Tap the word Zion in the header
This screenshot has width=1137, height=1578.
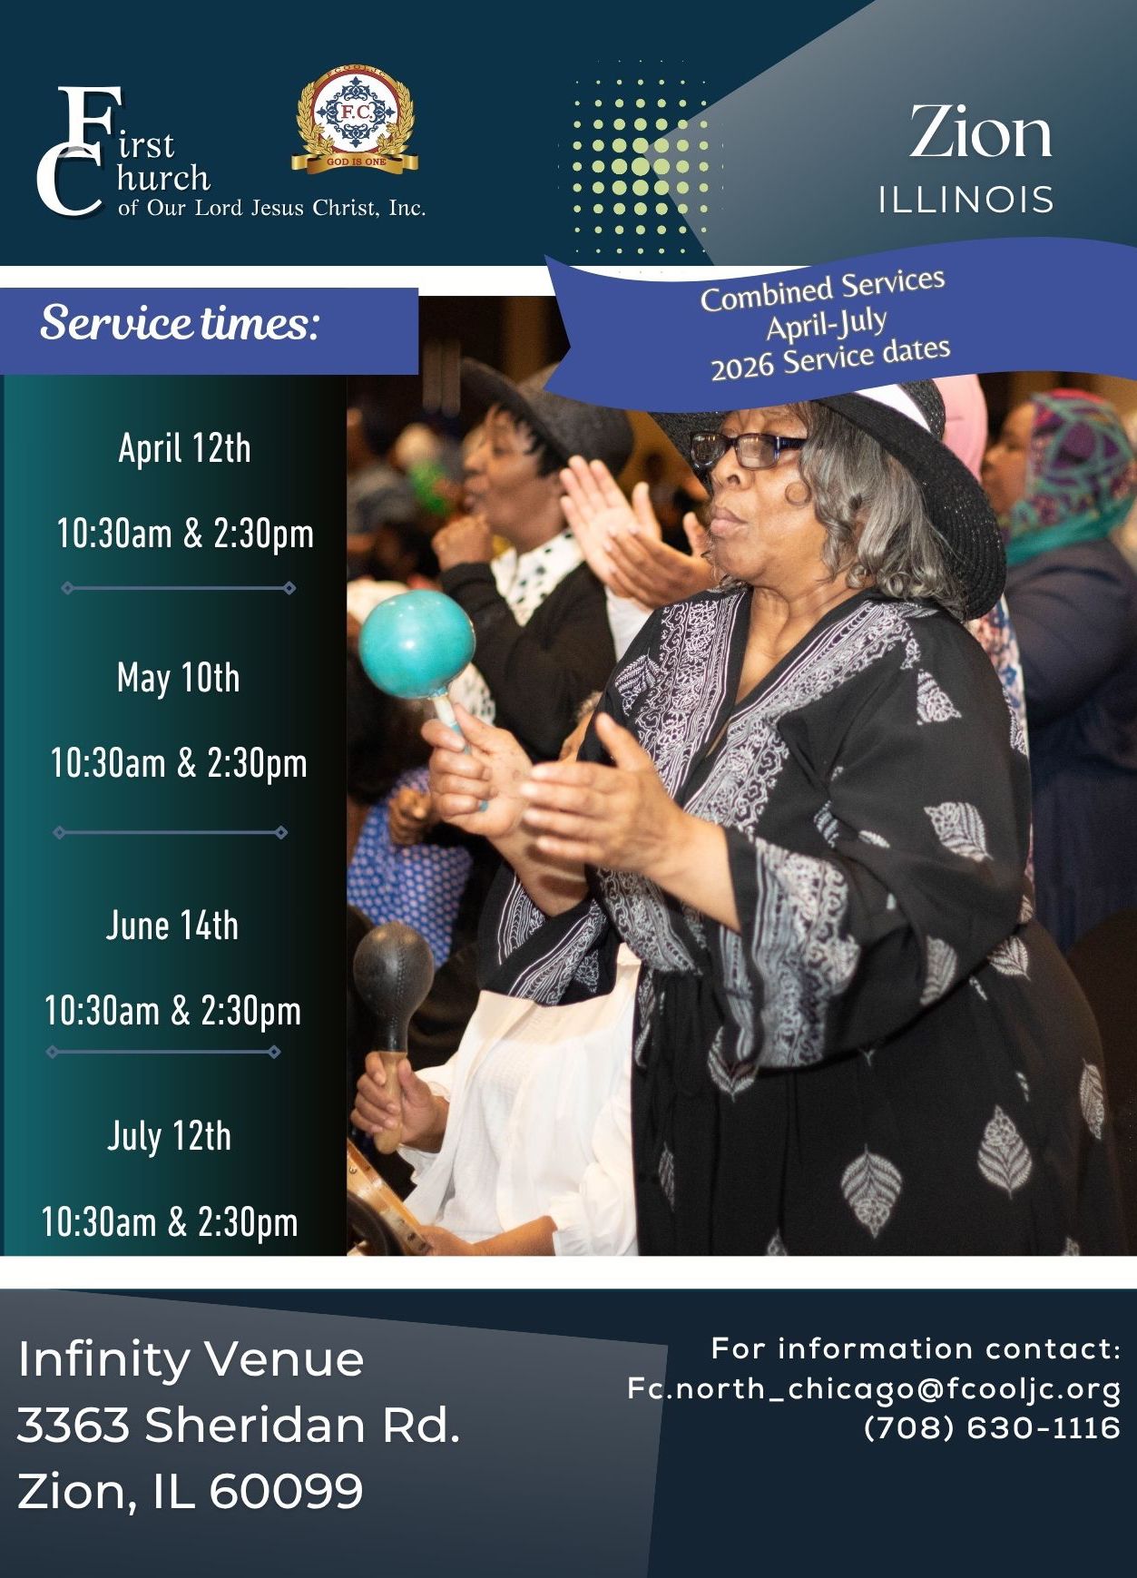pos(981,132)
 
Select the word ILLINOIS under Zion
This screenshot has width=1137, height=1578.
pos(965,200)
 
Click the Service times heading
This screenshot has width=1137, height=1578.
pos(180,323)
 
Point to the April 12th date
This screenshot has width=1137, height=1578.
pos(184,448)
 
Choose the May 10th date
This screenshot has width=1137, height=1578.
pos(179,678)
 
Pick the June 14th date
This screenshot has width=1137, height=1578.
pos(172,926)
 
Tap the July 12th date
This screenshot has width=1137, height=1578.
pos(170,1136)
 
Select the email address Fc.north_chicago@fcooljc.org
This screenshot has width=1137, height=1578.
pos(875,1389)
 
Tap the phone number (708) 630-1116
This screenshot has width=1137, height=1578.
pos(993,1427)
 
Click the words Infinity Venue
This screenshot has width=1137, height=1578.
pos(191,1359)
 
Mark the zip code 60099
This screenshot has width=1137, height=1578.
pos(287,1491)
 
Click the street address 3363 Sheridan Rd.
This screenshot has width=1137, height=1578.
pos(239,1425)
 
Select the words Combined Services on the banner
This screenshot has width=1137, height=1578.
pos(822,289)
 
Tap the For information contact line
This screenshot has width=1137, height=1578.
pos(916,1348)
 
